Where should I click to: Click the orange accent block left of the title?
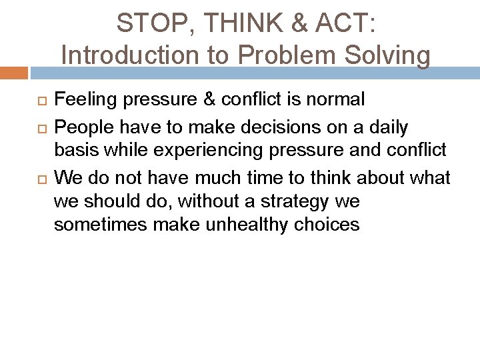(14, 71)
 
